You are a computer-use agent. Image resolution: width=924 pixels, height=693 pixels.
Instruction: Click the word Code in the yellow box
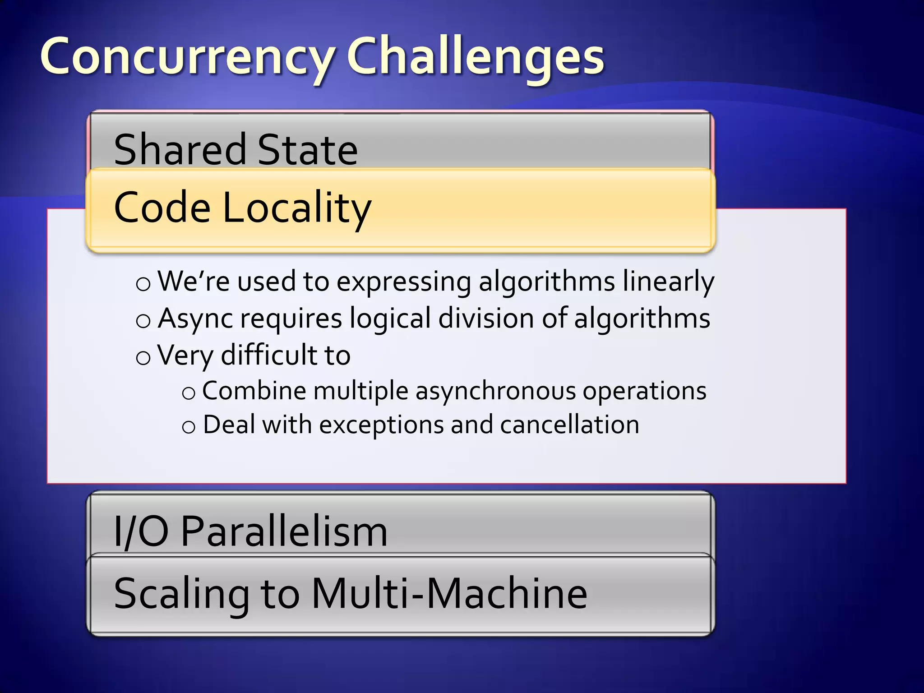(x=162, y=208)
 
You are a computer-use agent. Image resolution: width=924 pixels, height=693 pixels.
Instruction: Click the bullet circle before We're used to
(x=143, y=284)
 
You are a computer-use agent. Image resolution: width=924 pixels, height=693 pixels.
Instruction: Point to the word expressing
(x=403, y=282)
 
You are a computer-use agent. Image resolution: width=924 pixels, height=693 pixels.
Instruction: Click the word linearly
(x=668, y=282)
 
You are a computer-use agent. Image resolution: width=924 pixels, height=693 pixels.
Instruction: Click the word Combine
(x=254, y=391)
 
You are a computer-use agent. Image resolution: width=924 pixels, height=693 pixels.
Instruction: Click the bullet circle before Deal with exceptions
(x=189, y=427)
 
